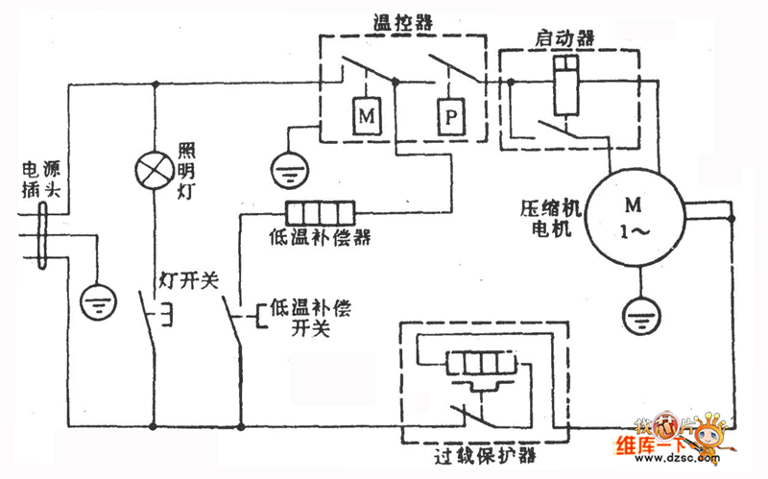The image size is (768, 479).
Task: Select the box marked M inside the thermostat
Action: pyautogui.click(x=366, y=119)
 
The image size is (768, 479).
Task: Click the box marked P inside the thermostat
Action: pyautogui.click(x=449, y=119)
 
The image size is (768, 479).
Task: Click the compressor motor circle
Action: pyautogui.click(x=633, y=217)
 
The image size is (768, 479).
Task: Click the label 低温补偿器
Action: pyautogui.click(x=322, y=235)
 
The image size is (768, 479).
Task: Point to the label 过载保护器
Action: pyautogui.click(x=480, y=452)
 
